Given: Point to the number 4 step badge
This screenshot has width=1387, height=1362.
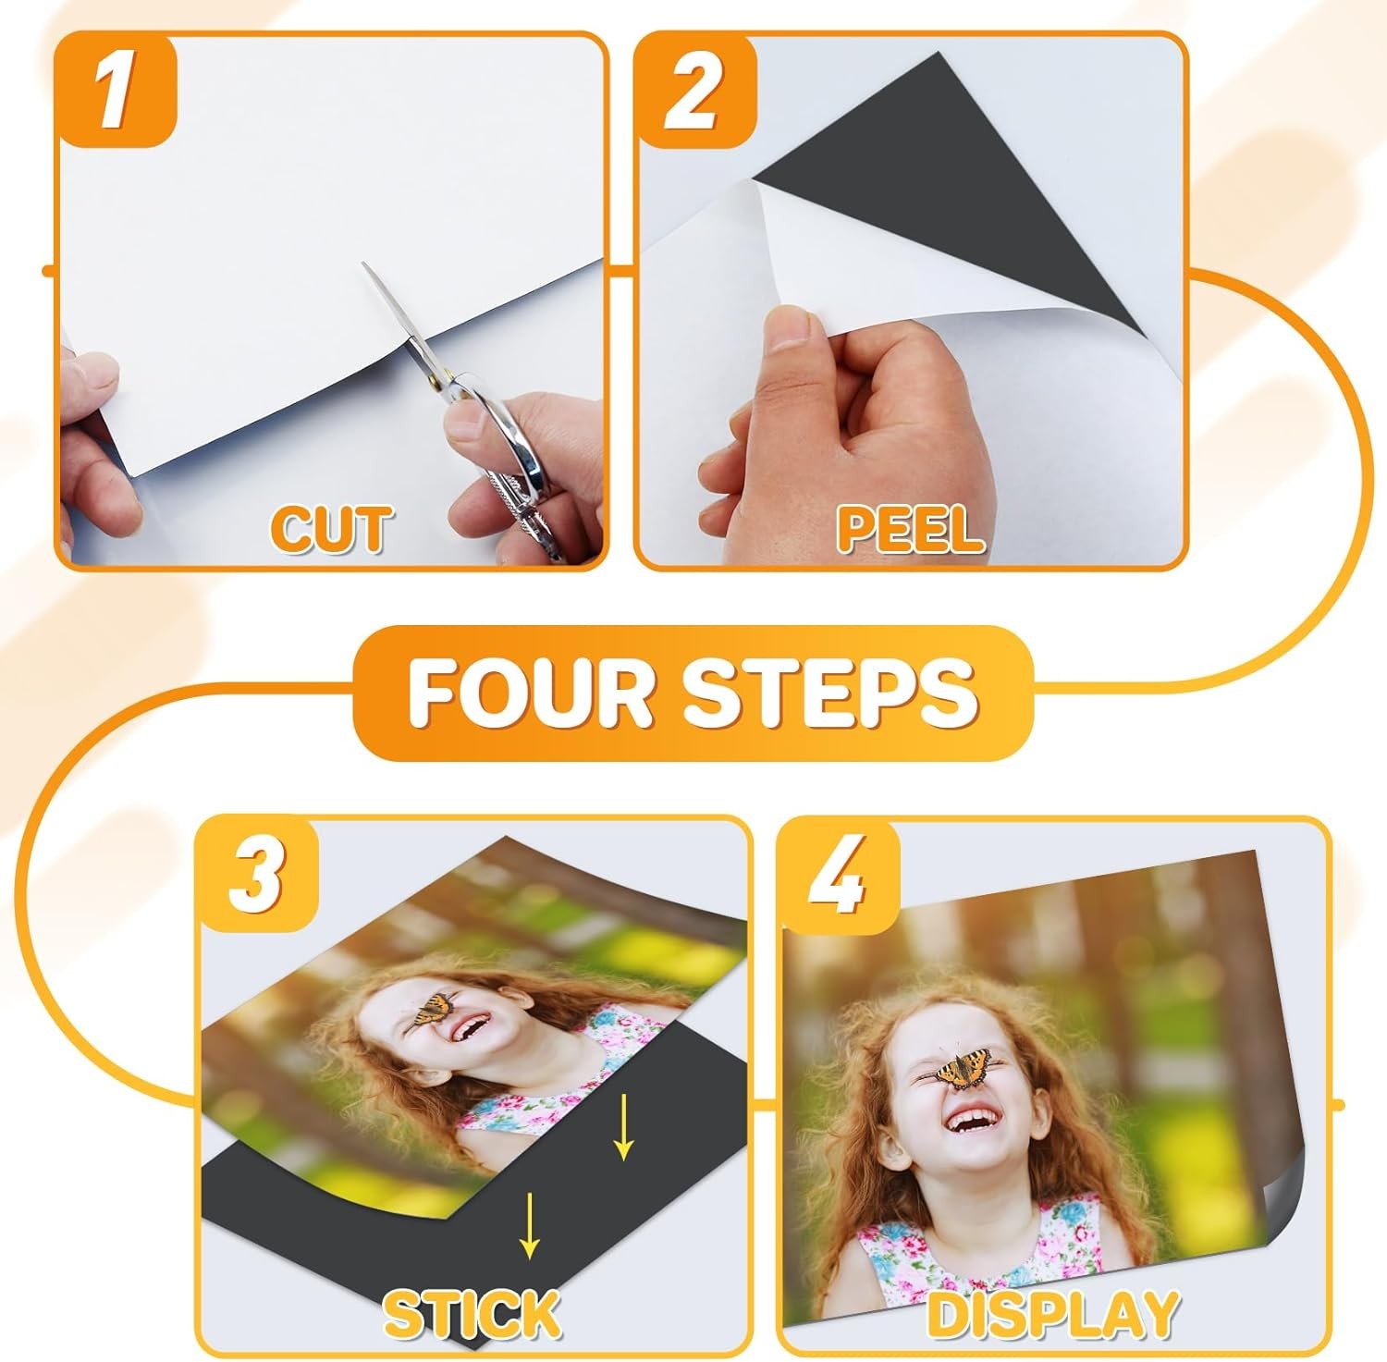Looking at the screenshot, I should coord(837,873).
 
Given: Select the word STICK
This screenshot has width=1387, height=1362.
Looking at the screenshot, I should coord(473,1313).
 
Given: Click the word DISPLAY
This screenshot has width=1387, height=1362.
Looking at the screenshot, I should coord(1051,1313).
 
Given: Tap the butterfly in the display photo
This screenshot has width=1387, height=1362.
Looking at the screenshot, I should coord(962,1071).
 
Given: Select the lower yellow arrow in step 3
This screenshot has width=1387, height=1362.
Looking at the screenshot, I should coord(529,1225).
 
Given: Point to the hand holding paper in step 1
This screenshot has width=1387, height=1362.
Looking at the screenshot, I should coord(92,435).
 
